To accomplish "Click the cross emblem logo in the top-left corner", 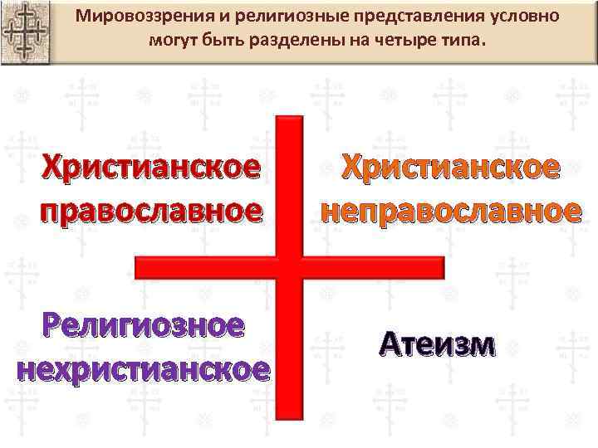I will point(24,31).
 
